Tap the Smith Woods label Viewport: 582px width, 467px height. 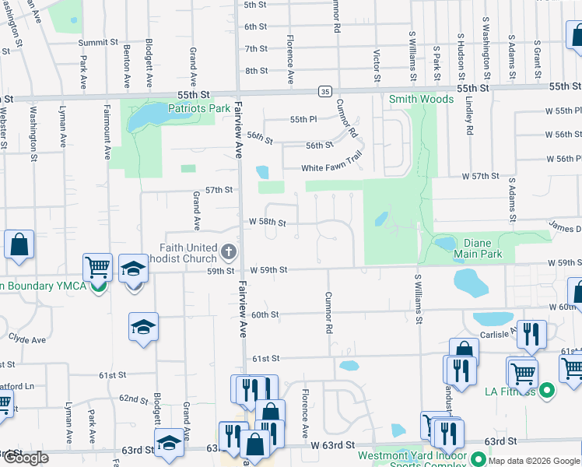click(421, 99)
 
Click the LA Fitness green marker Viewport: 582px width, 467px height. click(547, 389)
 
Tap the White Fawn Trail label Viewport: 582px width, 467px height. click(332, 168)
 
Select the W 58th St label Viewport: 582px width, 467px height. click(268, 223)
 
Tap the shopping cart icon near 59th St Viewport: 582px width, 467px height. click(98, 268)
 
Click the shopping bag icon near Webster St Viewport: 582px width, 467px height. click(19, 244)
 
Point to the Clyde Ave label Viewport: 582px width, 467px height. click(26, 340)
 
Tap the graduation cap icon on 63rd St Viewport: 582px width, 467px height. click(169, 443)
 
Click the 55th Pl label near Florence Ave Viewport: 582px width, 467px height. click(299, 119)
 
